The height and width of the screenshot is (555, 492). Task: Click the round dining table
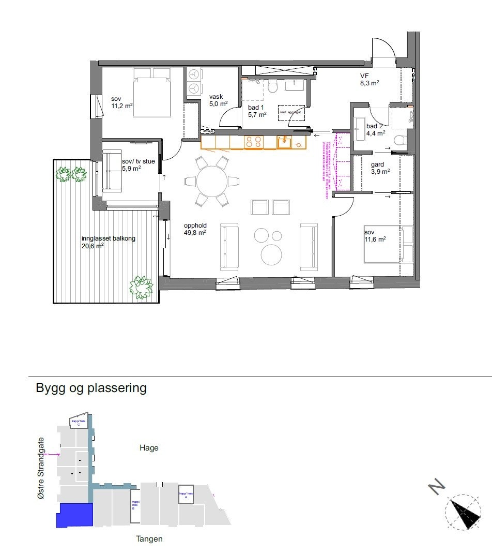coord(212,181)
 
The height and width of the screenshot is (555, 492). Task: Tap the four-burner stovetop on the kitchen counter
coord(253,142)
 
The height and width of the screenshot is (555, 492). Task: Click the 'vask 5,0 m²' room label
coord(218,100)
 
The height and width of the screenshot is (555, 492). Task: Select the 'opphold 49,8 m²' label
coord(195,229)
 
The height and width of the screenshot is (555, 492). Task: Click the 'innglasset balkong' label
coord(108,242)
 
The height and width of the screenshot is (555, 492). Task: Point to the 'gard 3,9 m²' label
coord(380,168)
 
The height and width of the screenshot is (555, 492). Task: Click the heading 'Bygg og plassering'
coord(91,388)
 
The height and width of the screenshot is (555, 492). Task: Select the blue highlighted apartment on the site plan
coord(74,515)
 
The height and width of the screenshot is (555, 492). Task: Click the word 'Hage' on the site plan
coord(149,448)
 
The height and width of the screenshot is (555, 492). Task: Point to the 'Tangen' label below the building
coord(149,539)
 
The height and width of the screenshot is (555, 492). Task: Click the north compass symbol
coord(463,512)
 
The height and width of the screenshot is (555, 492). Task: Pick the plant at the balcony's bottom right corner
coord(141,287)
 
